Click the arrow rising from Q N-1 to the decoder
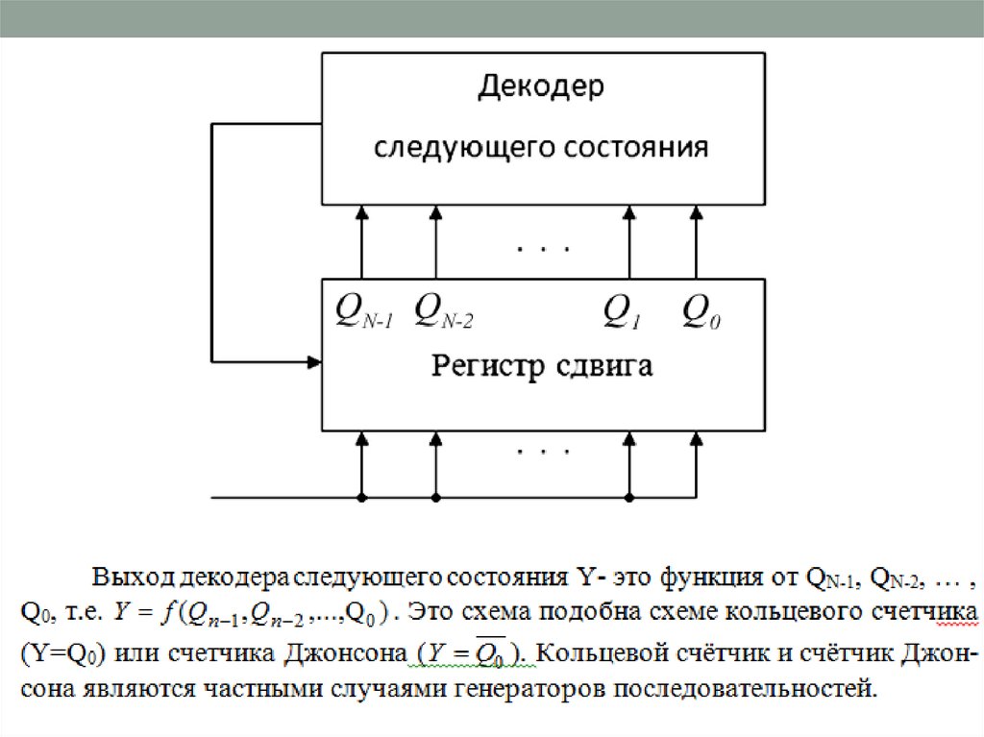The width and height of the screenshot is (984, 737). click(362, 240)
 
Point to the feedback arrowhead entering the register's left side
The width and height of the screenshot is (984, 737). click(313, 362)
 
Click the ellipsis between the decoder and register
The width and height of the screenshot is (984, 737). click(544, 250)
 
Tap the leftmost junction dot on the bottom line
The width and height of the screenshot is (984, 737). click(362, 498)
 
